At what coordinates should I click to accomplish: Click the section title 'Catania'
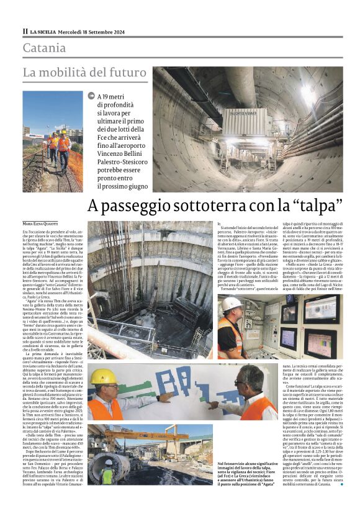click(44, 48)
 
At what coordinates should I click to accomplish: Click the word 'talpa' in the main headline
click(319, 206)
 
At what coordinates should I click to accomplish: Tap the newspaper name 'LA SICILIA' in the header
click(45, 32)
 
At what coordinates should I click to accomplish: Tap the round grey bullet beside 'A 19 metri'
click(92, 97)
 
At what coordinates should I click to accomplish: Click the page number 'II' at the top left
click(25, 32)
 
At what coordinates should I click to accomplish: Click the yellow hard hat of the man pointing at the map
click(103, 376)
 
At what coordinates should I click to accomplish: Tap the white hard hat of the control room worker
click(233, 303)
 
